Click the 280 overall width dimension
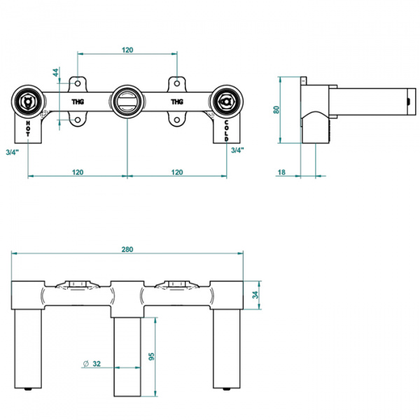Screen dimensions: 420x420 point(127,248)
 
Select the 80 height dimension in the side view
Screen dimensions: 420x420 point(276,108)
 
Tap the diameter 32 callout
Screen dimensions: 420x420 point(93,363)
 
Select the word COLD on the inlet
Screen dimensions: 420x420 point(227,131)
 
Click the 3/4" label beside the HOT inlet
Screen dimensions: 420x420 point(11,151)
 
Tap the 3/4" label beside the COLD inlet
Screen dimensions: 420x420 point(237,150)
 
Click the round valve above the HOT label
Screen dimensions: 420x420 point(28,101)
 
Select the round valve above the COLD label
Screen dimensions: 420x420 point(226,101)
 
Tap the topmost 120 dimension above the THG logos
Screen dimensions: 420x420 point(127,50)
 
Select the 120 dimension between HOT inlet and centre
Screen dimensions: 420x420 point(77,171)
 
